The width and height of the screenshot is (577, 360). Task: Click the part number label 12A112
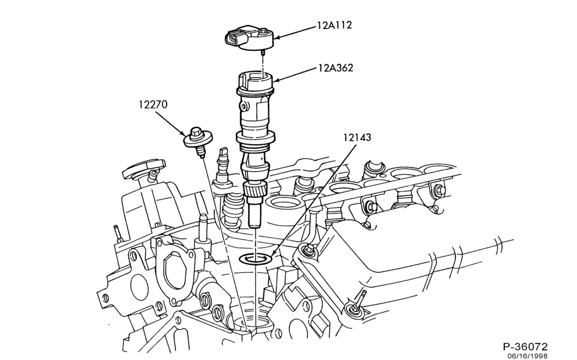(335, 25)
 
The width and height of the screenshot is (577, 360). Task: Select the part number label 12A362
(336, 67)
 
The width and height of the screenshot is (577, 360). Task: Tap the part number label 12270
(153, 104)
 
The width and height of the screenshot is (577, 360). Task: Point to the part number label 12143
(357, 137)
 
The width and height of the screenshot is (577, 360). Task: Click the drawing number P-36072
(525, 346)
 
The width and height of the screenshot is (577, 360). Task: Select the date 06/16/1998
(527, 356)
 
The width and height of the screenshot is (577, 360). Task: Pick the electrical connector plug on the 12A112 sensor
(233, 38)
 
